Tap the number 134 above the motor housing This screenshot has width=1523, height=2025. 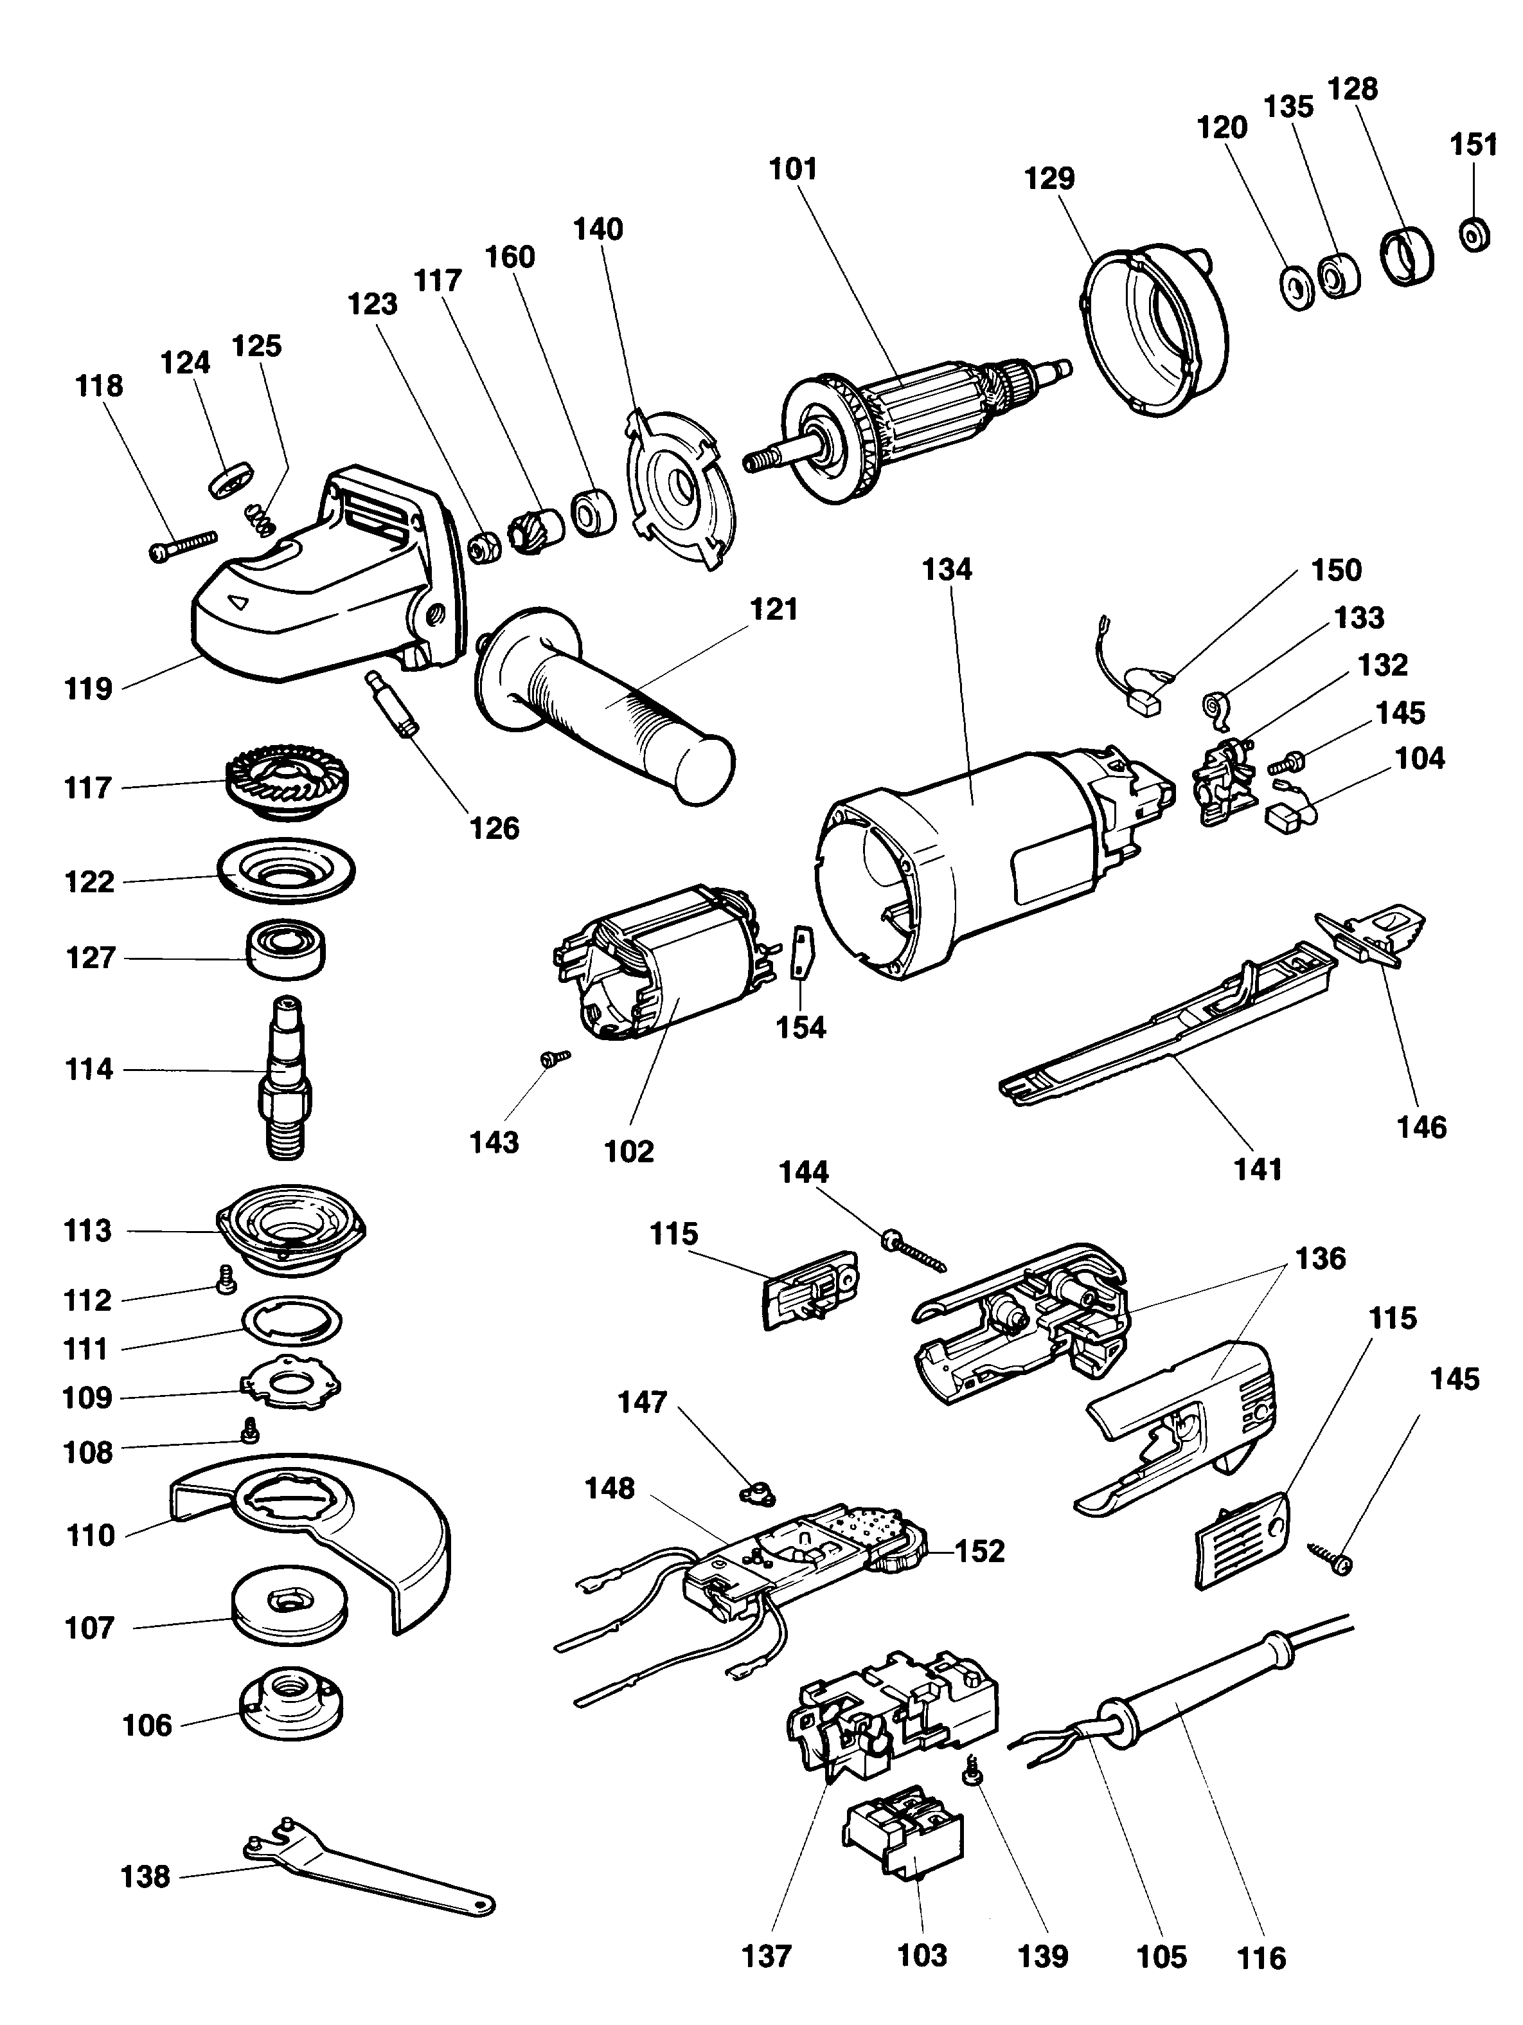(x=947, y=570)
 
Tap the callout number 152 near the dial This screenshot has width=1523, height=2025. (x=979, y=1551)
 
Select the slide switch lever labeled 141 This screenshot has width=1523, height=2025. (x=1162, y=1025)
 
